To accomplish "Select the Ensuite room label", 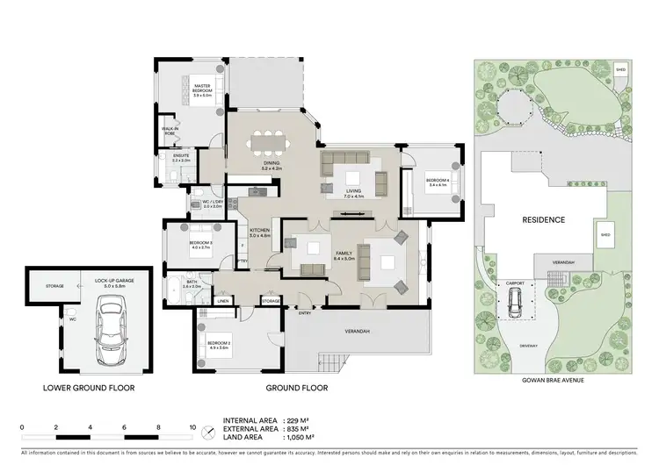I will (181, 159).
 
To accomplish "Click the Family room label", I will (344, 256).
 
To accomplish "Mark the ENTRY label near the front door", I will (305, 312).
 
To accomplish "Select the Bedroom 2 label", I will (219, 345).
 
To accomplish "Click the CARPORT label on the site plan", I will (515, 284).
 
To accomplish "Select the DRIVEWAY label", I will (529, 345).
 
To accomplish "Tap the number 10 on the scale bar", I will (192, 428).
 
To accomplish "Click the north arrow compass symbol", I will (207, 431).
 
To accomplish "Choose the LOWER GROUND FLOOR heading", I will (88, 387).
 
